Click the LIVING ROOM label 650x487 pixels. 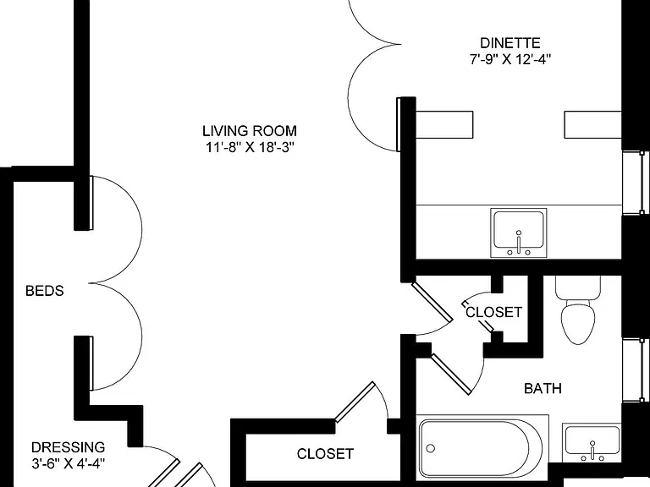pyautogui.click(x=250, y=131)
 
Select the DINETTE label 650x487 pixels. pyautogui.click(x=510, y=43)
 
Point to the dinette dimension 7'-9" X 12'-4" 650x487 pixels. pyautogui.click(x=510, y=60)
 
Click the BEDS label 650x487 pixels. pyautogui.click(x=45, y=291)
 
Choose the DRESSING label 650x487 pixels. pyautogui.click(x=68, y=447)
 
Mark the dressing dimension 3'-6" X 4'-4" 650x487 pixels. pyautogui.click(x=68, y=463)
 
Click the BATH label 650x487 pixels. pyautogui.click(x=543, y=388)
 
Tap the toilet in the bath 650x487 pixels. pyautogui.click(x=578, y=310)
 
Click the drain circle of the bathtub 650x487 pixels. pyautogui.click(x=431, y=448)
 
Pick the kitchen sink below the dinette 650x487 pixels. pyautogui.click(x=519, y=233)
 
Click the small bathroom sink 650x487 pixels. pyautogui.click(x=592, y=443)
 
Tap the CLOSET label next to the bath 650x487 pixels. pyautogui.click(x=493, y=312)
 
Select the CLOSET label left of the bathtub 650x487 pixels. pyautogui.click(x=325, y=454)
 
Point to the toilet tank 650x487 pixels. pyautogui.click(x=578, y=288)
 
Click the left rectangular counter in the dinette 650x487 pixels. pyautogui.click(x=444, y=124)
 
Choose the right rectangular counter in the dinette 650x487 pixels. pyautogui.click(x=592, y=124)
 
